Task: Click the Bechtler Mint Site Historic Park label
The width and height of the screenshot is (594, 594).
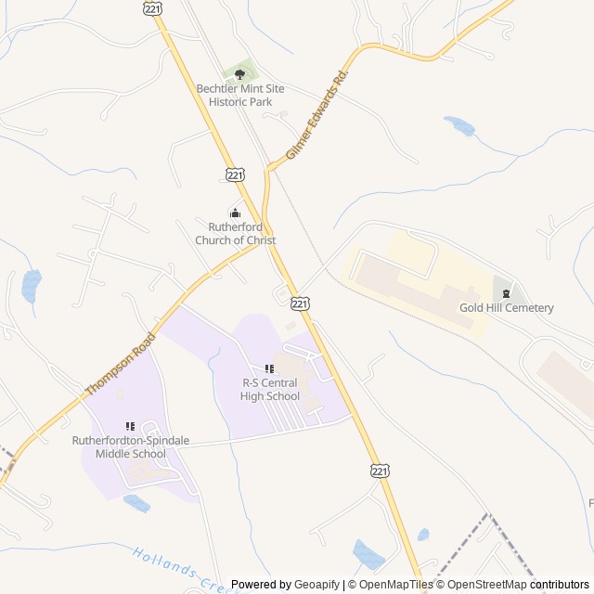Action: [239, 95]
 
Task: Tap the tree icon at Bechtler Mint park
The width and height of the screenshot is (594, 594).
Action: [239, 74]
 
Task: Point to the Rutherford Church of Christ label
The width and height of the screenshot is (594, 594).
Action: [235, 234]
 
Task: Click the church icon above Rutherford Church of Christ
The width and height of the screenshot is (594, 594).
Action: [235, 213]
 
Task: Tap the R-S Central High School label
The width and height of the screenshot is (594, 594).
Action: [271, 390]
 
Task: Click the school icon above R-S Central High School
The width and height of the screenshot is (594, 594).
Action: [269, 369]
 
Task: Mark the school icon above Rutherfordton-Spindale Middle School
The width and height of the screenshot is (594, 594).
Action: [130, 426]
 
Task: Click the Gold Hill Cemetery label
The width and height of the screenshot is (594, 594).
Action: [507, 308]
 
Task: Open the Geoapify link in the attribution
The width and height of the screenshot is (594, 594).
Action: [316, 585]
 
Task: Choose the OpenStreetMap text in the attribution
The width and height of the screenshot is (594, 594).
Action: [487, 585]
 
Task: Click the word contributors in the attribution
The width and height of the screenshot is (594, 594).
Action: [560, 585]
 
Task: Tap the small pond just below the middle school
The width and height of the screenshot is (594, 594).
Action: [136, 503]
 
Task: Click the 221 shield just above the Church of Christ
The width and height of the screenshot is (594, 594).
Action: [235, 174]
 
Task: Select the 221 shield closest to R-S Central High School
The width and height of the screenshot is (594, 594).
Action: [299, 303]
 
